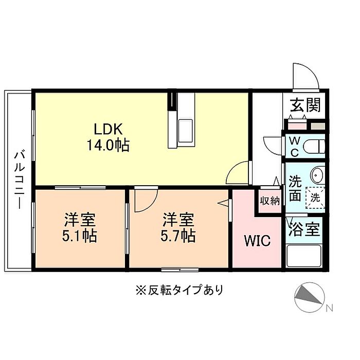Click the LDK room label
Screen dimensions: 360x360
click(108, 129)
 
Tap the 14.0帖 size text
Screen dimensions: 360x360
click(108, 145)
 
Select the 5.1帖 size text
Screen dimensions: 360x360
click(80, 236)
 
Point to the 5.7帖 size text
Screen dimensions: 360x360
click(178, 236)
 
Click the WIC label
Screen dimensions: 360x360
click(257, 241)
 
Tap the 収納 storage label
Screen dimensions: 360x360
click(270, 201)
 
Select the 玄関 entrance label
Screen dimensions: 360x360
click(305, 105)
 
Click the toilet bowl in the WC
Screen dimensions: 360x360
click(314, 146)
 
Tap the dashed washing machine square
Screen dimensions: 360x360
click(315, 197)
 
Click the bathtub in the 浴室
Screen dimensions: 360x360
click(304, 256)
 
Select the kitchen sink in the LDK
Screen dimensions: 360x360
click(186, 131)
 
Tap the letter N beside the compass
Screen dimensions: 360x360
click(329, 308)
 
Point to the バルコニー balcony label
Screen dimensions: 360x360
click(20, 179)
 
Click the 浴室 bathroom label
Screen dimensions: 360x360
click(304, 229)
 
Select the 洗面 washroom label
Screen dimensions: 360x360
click(295, 188)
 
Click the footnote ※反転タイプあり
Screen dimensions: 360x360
click(179, 290)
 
